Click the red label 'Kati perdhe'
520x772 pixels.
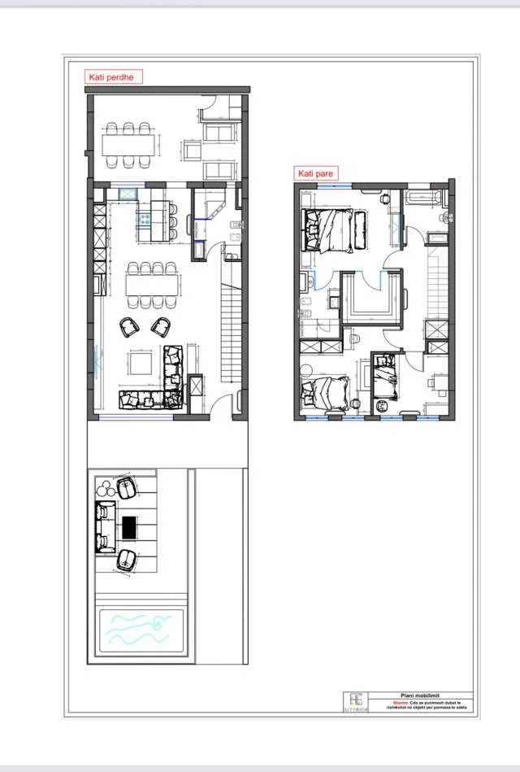click(115, 77)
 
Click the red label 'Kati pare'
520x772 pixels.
click(315, 173)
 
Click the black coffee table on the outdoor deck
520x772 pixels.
click(129, 527)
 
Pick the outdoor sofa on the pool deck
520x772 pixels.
click(104, 528)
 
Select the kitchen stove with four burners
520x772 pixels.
click(144, 218)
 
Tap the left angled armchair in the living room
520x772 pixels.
click(129, 327)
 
